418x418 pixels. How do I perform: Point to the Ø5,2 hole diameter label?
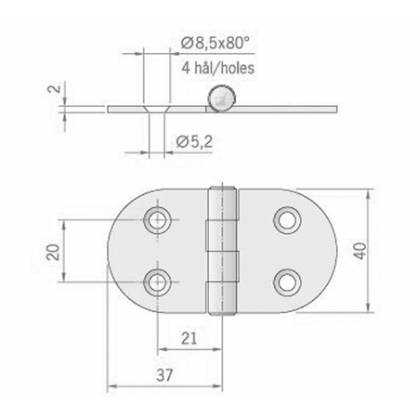pyautogui.click(x=193, y=140)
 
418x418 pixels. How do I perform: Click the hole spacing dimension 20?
pyautogui.click(x=53, y=251)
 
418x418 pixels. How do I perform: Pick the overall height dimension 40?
pyautogui.click(x=383, y=248)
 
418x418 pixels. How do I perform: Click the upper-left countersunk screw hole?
pyautogui.click(x=159, y=220)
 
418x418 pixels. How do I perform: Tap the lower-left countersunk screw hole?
pyautogui.click(x=159, y=281)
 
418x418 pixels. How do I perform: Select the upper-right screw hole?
pyautogui.click(x=285, y=220)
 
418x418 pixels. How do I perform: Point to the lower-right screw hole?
pyautogui.click(x=285, y=281)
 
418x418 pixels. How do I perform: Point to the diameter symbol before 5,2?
pyautogui.click(x=180, y=140)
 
